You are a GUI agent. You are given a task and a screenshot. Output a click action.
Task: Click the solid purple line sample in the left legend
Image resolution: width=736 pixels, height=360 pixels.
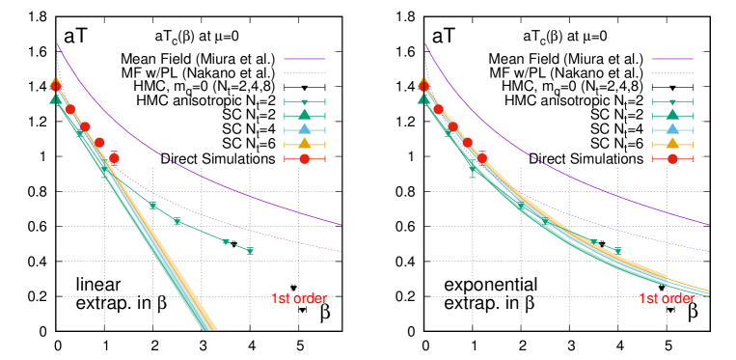[305, 58]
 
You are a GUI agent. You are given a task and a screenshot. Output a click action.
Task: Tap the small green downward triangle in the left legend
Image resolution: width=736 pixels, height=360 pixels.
[305, 101]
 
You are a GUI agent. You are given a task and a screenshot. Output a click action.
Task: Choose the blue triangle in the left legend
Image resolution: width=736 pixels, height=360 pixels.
[305, 129]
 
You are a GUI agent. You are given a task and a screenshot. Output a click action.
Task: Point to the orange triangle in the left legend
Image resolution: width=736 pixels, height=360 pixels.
[305, 144]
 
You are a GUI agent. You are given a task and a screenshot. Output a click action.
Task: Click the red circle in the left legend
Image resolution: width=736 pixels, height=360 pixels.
[305, 158]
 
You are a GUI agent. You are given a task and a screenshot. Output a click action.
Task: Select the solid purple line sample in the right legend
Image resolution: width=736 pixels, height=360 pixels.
[672, 58]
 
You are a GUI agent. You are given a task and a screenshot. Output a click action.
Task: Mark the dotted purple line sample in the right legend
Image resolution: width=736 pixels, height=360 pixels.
[672, 72]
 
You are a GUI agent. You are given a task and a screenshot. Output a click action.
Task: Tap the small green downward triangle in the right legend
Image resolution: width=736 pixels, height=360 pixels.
[672, 101]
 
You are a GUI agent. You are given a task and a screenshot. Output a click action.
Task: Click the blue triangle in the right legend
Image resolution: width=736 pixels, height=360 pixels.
[672, 129]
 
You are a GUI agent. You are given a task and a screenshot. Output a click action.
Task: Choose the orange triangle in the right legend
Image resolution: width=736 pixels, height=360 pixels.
[672, 144]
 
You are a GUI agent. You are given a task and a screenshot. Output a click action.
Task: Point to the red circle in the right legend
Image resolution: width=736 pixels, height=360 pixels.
[672, 158]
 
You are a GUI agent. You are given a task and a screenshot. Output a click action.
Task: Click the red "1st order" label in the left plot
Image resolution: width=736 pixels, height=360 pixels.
[299, 299]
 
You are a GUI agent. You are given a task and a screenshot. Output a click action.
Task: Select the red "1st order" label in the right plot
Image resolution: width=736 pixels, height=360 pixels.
[667, 299]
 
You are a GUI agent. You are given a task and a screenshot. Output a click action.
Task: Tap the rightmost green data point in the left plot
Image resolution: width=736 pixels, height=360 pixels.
[250, 251]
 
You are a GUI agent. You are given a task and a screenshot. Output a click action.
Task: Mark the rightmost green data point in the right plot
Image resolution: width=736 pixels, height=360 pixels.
[617, 251]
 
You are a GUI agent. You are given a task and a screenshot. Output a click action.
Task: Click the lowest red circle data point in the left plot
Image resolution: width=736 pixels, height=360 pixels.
[114, 158]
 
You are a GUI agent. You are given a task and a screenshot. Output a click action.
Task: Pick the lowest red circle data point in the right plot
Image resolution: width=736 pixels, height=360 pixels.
[482, 157]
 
